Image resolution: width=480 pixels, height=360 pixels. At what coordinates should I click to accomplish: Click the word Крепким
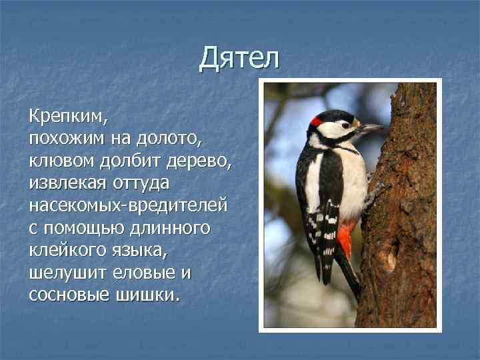[67, 118]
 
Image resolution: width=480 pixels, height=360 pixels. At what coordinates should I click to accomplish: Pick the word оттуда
[145, 183]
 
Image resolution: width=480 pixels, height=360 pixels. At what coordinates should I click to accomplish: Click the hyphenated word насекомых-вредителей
[128, 205]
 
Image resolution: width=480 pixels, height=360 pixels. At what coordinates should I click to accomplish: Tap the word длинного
[171, 227]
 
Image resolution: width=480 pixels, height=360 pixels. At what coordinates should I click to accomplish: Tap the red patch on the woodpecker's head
[316, 121]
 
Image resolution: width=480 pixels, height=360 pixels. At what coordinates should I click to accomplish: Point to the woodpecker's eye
[345, 124]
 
